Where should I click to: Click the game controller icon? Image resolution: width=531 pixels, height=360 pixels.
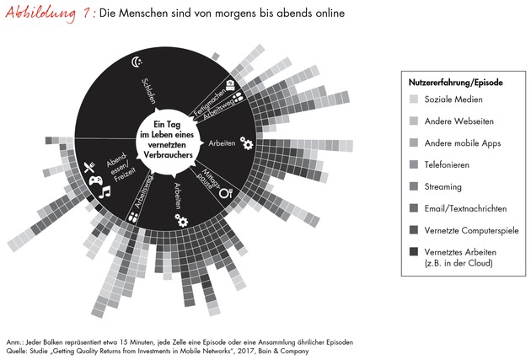(96, 180)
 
